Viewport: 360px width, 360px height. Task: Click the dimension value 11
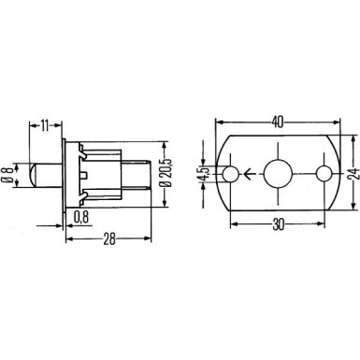(44, 123)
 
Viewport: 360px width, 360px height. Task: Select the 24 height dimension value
(353, 174)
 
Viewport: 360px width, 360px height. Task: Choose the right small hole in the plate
(324, 173)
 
